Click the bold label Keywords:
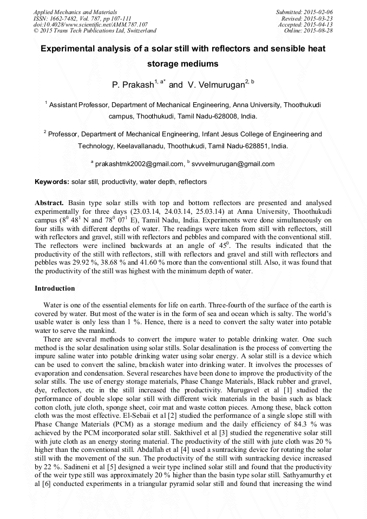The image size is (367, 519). click(x=52, y=182)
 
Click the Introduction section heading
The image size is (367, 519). click(x=55, y=288)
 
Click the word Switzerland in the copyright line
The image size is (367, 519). click(x=139, y=31)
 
